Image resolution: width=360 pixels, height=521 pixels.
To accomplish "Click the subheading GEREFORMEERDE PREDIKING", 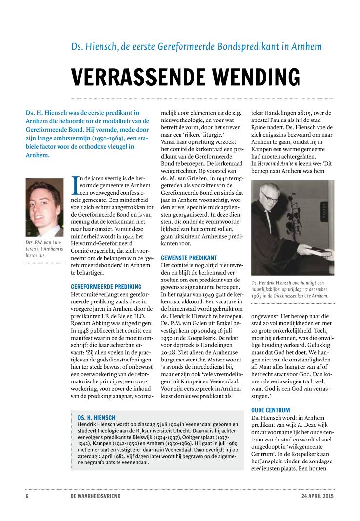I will pyautogui.click(x=106, y=286).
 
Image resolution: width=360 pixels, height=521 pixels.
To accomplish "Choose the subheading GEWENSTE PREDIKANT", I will pyautogui.click(x=189, y=257).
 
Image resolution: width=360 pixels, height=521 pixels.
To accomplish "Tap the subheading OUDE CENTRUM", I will pyautogui.click(x=270, y=410).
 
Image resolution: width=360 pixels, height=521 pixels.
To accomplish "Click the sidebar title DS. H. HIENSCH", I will pyautogui.click(x=96, y=418).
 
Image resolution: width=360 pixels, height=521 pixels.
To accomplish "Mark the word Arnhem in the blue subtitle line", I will pyautogui.click(x=307, y=47).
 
